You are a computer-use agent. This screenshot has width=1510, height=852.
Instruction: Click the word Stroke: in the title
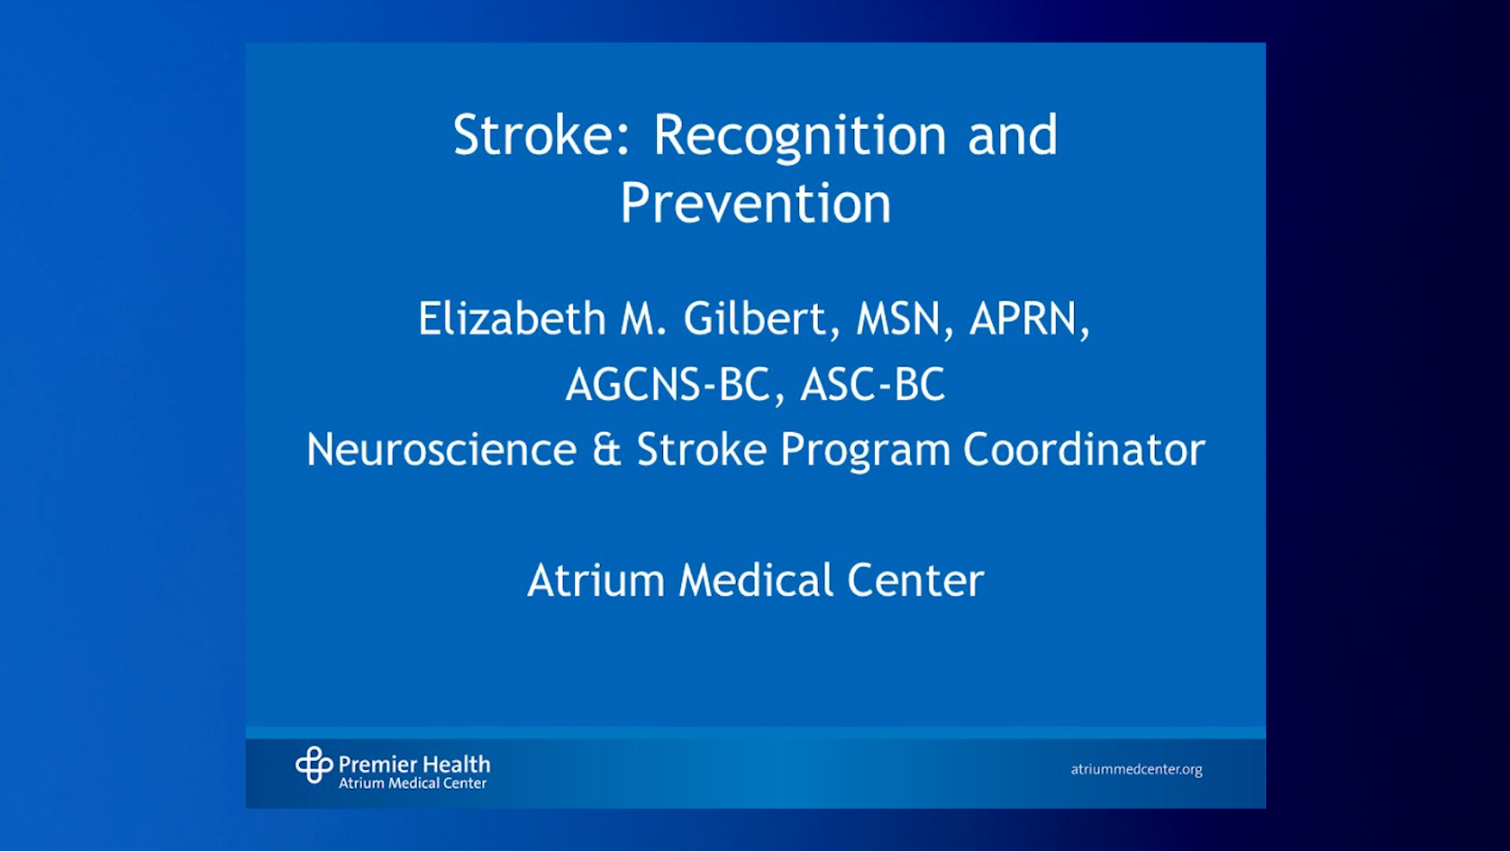[x=541, y=134]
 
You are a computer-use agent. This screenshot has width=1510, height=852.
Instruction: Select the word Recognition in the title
[x=800, y=138]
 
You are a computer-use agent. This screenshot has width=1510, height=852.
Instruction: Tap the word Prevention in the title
[x=756, y=202]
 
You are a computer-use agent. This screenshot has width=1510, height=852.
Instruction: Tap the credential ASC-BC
[x=872, y=384]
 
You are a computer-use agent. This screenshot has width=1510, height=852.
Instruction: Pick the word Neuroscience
[x=441, y=449]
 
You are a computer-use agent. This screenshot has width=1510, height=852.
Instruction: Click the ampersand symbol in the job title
[x=606, y=450]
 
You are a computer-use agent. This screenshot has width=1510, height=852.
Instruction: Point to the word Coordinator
[x=1084, y=449]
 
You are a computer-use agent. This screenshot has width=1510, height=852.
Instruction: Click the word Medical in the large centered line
[x=756, y=580]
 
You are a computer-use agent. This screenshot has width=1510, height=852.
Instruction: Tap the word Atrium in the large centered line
[x=596, y=580]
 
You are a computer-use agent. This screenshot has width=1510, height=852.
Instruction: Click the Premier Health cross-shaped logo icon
[x=314, y=765]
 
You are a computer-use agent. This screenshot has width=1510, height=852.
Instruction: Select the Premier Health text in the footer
[x=414, y=765]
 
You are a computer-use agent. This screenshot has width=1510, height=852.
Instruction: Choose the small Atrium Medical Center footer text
[x=413, y=783]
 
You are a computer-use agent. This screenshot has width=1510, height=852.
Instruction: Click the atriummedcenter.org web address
[x=1136, y=769]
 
